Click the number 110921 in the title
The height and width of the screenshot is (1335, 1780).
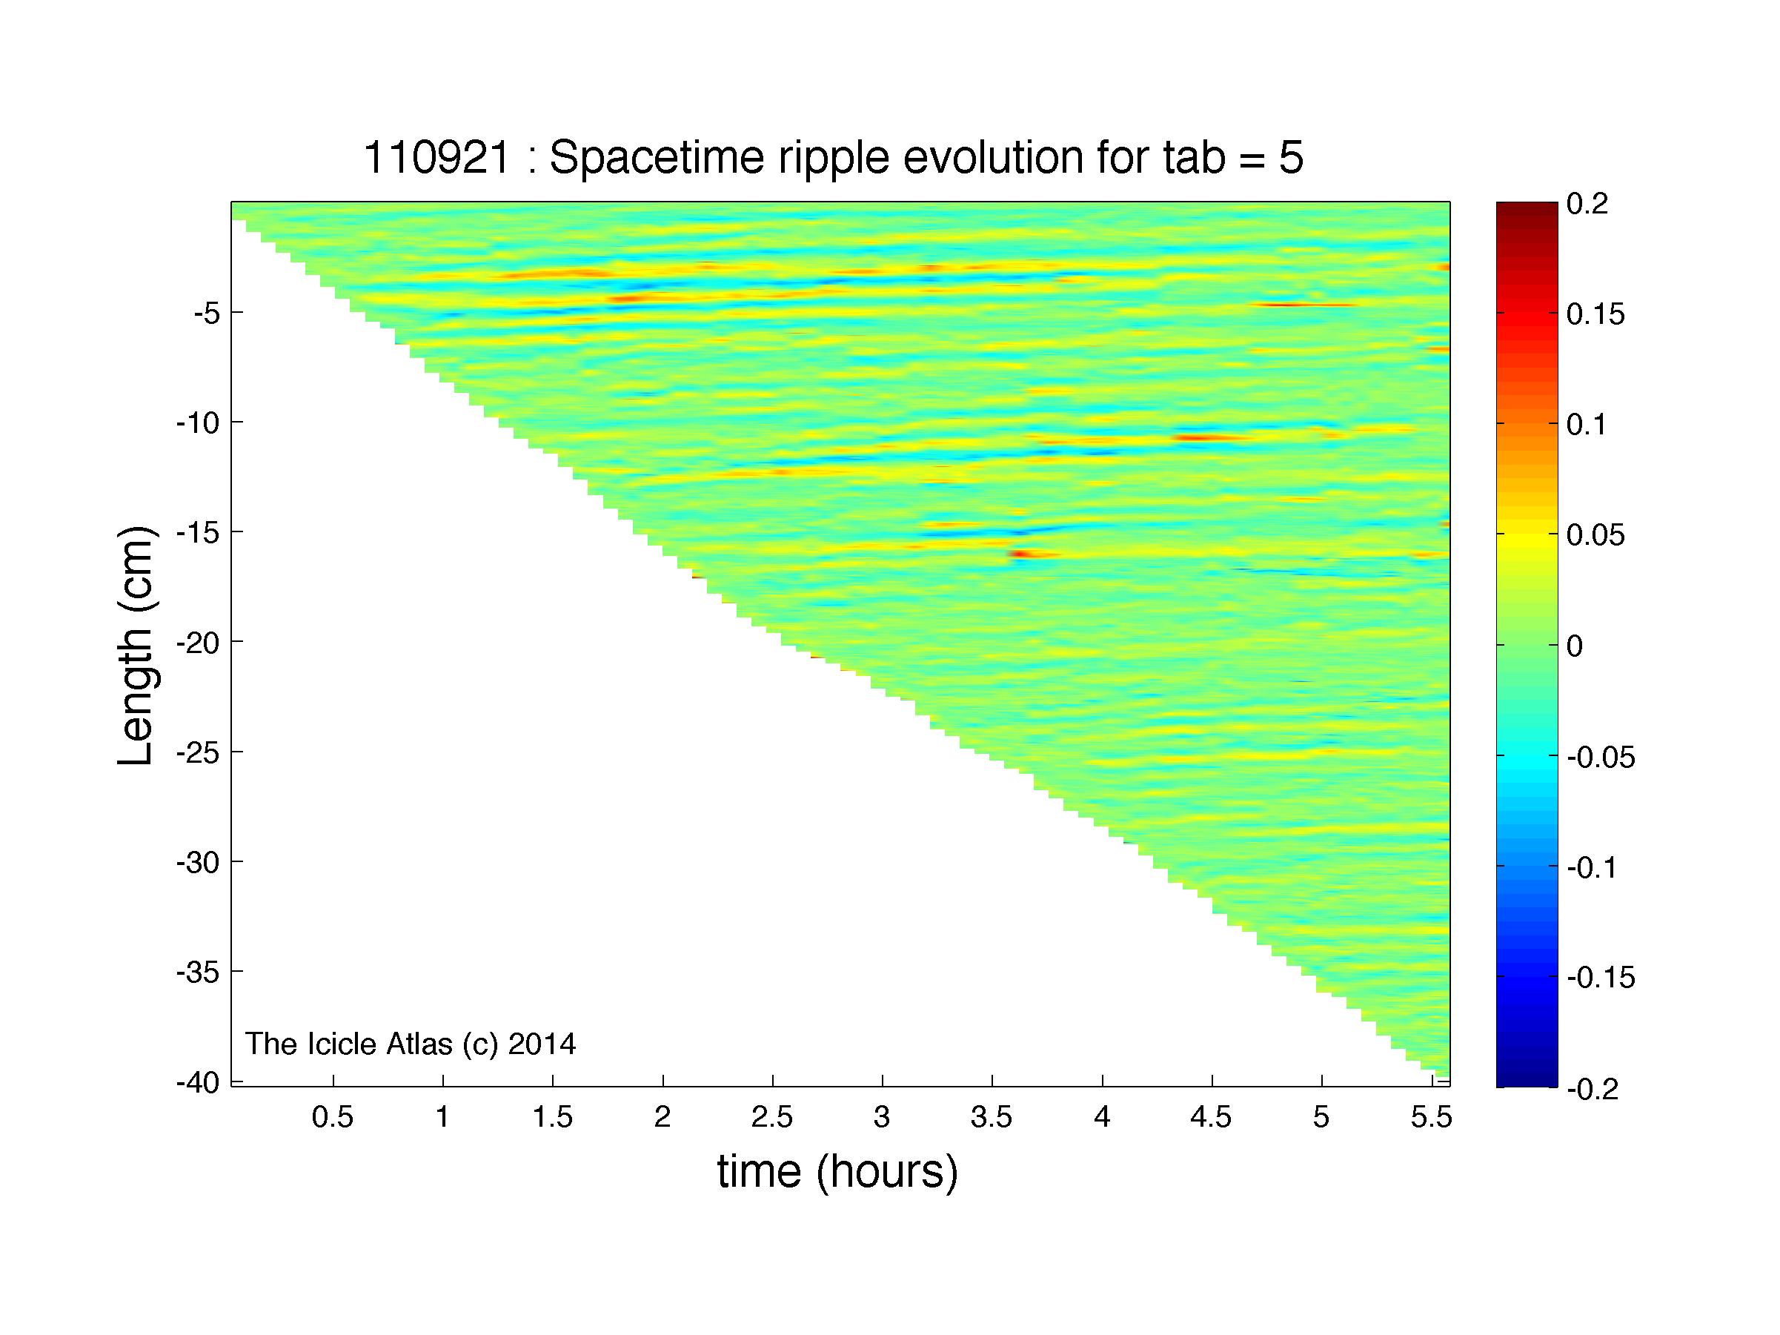[x=437, y=157]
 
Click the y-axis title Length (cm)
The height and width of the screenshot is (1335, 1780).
[x=135, y=646]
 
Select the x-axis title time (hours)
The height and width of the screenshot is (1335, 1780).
[x=837, y=1172]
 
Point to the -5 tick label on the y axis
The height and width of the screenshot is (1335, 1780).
[x=207, y=313]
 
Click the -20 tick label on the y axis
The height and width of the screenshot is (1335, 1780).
[x=198, y=643]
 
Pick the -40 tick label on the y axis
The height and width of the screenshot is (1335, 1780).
[x=198, y=1083]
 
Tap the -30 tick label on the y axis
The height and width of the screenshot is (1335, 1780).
[x=198, y=863]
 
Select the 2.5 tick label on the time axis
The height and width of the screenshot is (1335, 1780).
[x=772, y=1118]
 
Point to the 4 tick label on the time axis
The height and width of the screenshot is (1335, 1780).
[x=1103, y=1118]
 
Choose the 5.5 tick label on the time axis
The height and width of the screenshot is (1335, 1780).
[x=1431, y=1118]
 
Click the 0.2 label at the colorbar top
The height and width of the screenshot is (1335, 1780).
[x=1587, y=205]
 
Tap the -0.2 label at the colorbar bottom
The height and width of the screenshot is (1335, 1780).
[x=1593, y=1089]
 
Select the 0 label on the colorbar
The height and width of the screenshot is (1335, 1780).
[x=1575, y=646]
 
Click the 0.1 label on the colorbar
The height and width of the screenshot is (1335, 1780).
[x=1587, y=425]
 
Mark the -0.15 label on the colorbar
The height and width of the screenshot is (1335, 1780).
[x=1601, y=978]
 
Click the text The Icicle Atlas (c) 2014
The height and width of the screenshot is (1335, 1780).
[x=411, y=1044]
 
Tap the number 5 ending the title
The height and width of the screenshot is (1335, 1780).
[x=1291, y=158]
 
